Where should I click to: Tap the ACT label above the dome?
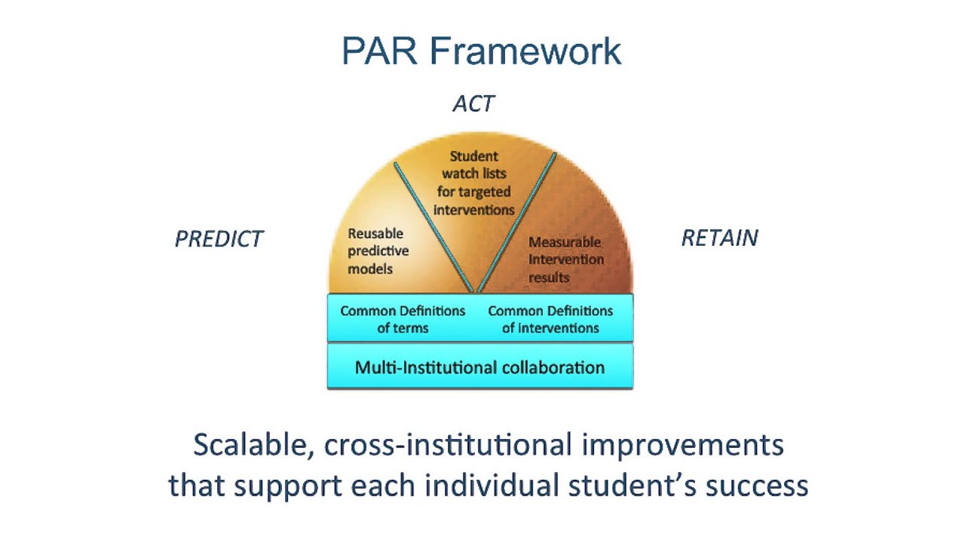coord(473,104)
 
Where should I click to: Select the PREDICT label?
coord(219,239)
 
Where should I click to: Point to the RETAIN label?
coord(719,238)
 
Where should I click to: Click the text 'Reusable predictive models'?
coord(378,251)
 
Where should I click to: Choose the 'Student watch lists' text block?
coord(474,183)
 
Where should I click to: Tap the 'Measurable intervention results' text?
coord(565,259)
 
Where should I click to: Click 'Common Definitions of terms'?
coord(403,319)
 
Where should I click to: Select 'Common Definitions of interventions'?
coord(550,319)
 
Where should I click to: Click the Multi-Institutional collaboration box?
coord(479,367)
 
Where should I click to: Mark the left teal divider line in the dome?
coord(433,226)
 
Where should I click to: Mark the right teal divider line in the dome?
coord(516,222)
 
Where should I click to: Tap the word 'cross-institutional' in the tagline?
coord(449,445)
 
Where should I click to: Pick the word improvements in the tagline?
coord(682,445)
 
